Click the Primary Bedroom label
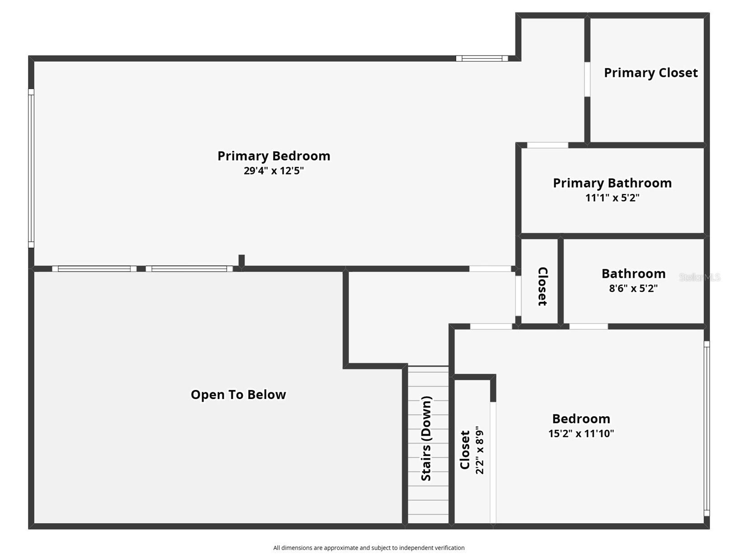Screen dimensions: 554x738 (274, 156)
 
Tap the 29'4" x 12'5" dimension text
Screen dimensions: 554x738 (274, 171)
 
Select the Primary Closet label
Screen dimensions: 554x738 (650, 73)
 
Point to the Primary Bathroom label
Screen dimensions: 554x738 (612, 183)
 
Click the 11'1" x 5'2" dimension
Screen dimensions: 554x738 (612, 198)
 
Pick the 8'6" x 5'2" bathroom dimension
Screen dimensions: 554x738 (633, 288)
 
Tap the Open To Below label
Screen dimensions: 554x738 (238, 394)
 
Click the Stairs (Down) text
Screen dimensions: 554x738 (426, 438)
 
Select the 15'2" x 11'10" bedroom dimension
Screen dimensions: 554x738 (581, 433)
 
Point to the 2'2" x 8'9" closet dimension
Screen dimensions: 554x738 (480, 450)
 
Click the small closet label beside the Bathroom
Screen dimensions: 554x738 (542, 286)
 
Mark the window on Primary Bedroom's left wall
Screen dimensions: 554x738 (31, 168)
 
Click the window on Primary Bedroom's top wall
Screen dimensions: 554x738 (481, 58)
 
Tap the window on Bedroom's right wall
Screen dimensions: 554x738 (706, 428)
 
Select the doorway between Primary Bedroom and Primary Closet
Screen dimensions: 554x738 (587, 79)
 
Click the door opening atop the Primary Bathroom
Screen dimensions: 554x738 (547, 145)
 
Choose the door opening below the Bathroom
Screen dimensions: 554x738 (588, 326)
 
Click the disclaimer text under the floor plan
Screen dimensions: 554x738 (369, 548)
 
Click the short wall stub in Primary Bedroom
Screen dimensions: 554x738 (242, 260)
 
